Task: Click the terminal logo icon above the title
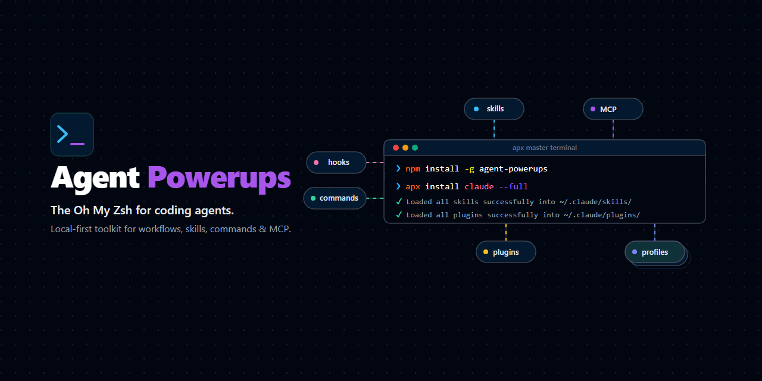coord(72,135)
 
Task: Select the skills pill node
coord(494,109)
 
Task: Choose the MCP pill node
coord(613,109)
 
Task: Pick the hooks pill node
coord(336,163)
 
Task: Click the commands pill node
coord(335,198)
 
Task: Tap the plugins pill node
coord(506,252)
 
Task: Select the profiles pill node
coord(654,252)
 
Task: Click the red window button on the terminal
coord(396,148)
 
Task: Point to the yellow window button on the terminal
coord(405,148)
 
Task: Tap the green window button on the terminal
coord(415,148)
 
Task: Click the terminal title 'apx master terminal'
coord(544,148)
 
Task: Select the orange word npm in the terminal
coord(413,168)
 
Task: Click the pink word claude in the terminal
coord(479,186)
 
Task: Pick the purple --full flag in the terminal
coord(513,186)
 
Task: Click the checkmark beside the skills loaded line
coord(399,202)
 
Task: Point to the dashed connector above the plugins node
coord(506,232)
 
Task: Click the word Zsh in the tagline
coord(123,210)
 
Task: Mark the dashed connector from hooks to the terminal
coord(375,163)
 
